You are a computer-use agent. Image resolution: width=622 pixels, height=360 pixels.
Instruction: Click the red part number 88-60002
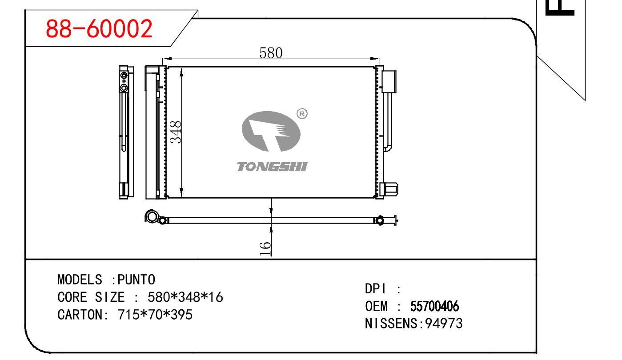click(99, 28)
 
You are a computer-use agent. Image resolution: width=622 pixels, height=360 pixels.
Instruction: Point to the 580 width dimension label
click(271, 53)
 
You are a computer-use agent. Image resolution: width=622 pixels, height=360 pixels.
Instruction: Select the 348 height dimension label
click(176, 132)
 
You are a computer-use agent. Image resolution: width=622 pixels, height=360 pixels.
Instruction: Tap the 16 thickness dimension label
click(265, 249)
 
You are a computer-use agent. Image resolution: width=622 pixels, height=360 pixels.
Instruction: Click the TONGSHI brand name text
click(272, 167)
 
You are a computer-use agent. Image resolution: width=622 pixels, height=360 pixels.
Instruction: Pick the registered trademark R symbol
click(302, 114)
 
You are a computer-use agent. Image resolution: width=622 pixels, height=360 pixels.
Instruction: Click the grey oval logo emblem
click(271, 131)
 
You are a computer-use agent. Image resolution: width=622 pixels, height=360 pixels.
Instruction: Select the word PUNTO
click(136, 280)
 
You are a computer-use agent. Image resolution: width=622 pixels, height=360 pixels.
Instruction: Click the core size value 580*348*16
click(185, 297)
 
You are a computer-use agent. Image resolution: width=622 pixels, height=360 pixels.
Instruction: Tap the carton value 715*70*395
click(155, 315)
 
